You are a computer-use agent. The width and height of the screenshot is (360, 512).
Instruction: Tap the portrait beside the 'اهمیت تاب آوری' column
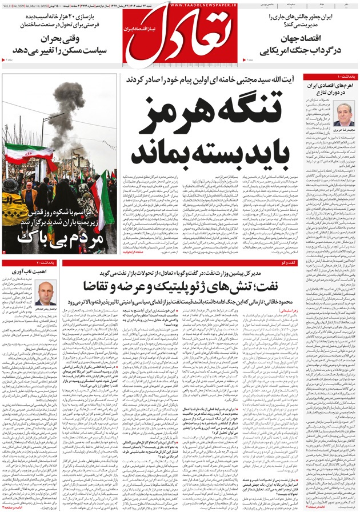[x=45, y=292]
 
